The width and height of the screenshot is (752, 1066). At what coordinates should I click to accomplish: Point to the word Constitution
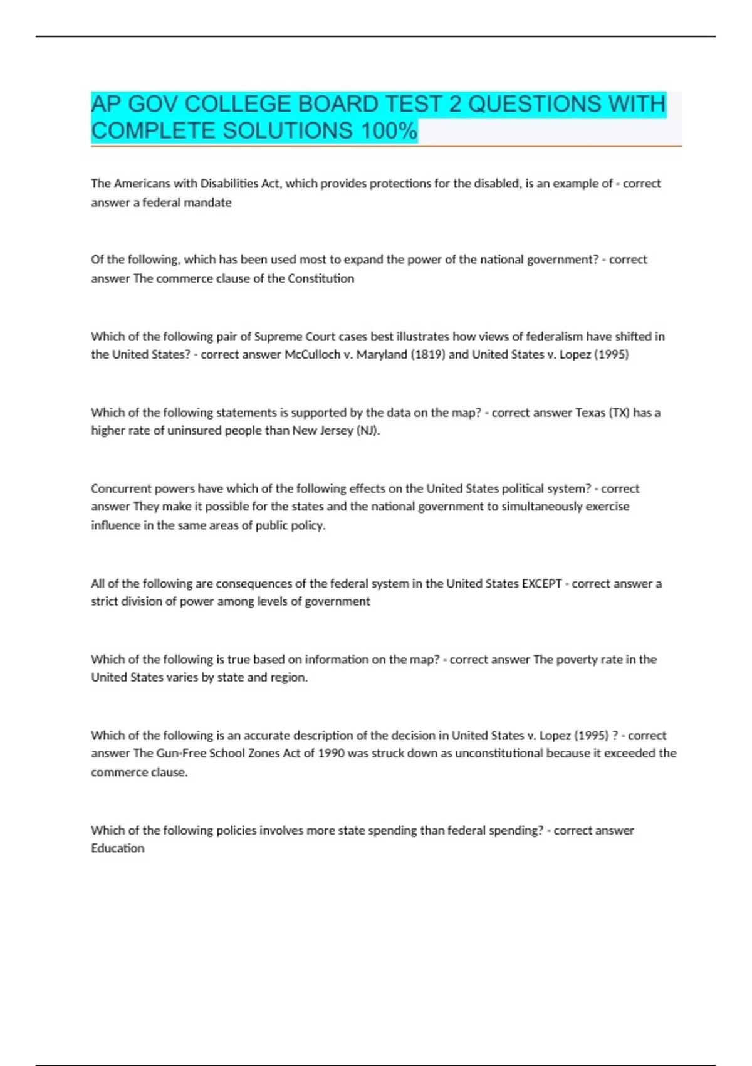pos(321,278)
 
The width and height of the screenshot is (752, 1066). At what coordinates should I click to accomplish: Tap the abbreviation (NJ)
pos(368,431)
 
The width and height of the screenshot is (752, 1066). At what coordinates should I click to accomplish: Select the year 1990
pos(331,753)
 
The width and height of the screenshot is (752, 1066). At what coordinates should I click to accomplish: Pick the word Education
pos(118,848)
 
